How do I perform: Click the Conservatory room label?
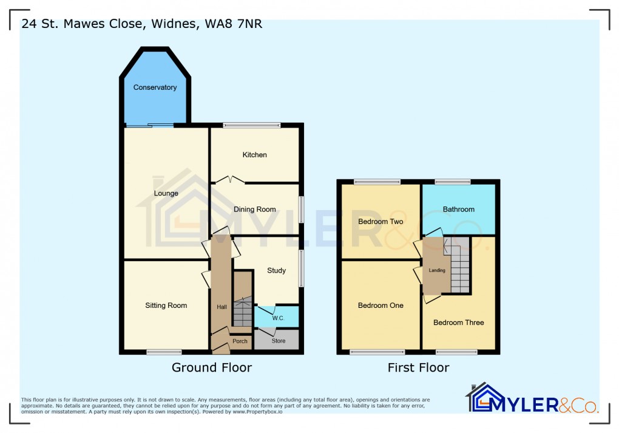click(155, 87)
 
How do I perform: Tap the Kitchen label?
click(254, 155)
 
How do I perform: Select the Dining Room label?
click(255, 210)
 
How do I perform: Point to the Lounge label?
click(166, 194)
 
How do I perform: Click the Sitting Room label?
click(166, 305)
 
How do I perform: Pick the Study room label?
click(276, 271)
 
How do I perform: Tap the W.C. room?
click(278, 318)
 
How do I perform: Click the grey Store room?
click(278, 341)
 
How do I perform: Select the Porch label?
click(240, 341)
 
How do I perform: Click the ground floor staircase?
click(242, 310)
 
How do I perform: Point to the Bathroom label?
click(458, 210)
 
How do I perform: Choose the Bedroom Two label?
click(381, 222)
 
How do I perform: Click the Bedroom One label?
click(381, 305)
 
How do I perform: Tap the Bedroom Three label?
click(458, 322)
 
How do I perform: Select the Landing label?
click(437, 271)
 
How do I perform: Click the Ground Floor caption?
click(211, 367)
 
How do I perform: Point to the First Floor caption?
click(418, 367)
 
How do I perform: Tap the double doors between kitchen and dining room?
click(228, 180)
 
